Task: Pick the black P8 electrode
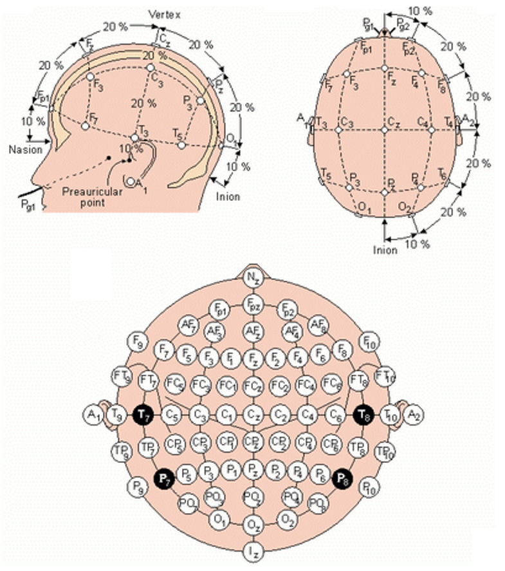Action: tap(342, 477)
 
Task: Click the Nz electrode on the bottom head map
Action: tap(252, 278)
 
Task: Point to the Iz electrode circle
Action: tap(252, 550)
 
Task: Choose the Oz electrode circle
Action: tap(252, 525)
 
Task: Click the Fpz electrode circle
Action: tap(252, 304)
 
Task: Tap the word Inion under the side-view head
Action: tap(228, 196)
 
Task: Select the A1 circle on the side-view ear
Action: tap(132, 182)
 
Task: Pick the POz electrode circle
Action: tap(252, 496)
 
